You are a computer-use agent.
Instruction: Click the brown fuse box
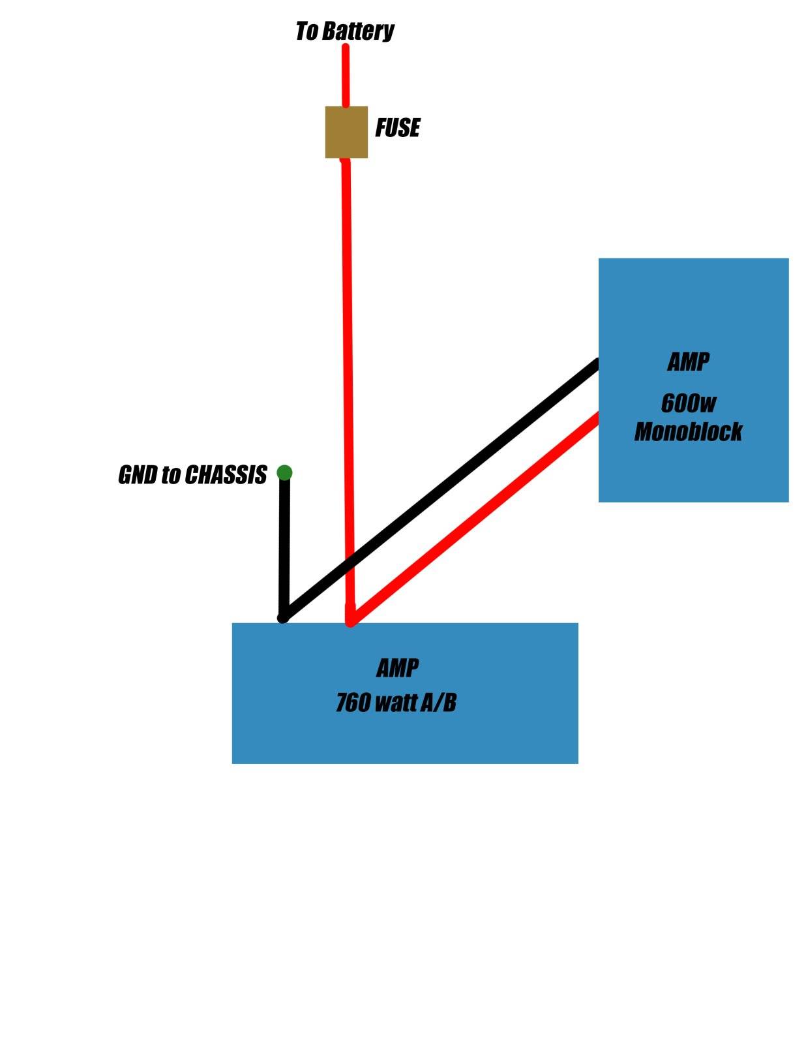[346, 132]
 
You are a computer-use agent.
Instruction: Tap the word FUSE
[398, 128]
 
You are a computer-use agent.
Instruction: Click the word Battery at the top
[358, 32]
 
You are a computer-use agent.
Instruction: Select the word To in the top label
[307, 31]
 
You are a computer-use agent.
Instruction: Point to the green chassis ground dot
[285, 472]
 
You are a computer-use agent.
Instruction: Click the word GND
[138, 474]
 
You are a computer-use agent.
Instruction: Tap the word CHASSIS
[226, 474]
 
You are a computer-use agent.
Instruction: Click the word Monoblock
[688, 431]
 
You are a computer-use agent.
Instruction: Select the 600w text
[689, 403]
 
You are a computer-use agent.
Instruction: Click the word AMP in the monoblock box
[688, 361]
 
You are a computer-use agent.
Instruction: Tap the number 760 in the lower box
[353, 703]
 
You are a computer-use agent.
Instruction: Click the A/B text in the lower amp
[438, 703]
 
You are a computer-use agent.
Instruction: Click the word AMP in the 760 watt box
[398, 668]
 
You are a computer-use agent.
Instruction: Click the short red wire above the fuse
[345, 76]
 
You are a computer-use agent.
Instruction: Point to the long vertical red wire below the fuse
[348, 391]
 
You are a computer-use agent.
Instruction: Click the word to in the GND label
[171, 474]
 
